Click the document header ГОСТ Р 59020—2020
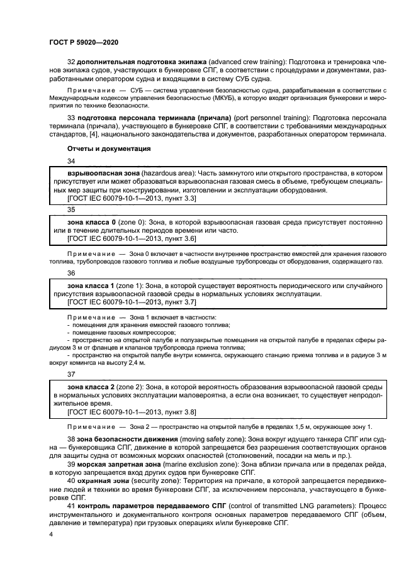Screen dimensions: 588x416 tap(83, 42)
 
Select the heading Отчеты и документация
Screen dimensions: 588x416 tap(108, 149)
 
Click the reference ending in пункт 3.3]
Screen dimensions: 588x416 tap(132, 198)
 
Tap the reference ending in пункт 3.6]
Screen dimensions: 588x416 tap(132, 240)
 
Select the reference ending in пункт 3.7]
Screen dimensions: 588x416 tap(132, 302)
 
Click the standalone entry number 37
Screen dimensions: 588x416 tap(71, 374)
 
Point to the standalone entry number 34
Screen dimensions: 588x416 tap(71, 160)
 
